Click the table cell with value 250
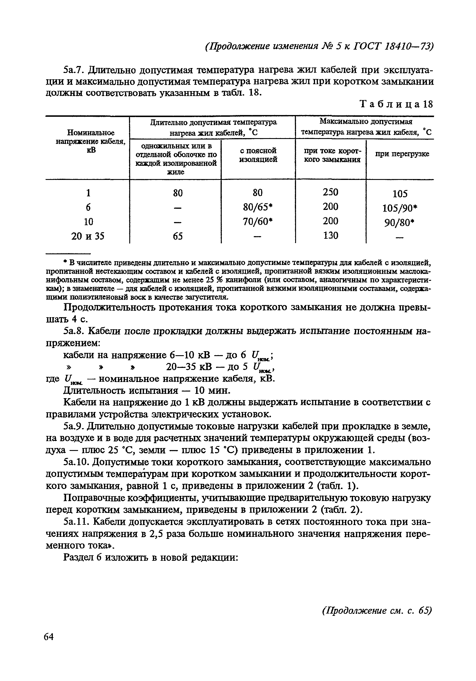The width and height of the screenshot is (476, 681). coord(330,193)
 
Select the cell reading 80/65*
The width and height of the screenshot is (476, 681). coord(257,207)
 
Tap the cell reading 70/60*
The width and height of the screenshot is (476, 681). coord(257,221)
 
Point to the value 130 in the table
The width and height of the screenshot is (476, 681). coord(330,236)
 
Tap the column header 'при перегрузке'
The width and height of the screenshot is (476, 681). coord(402,154)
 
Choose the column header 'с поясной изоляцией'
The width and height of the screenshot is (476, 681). coord(258,155)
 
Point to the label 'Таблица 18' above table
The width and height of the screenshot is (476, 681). coord(396,104)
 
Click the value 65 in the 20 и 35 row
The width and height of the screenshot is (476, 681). coord(178,236)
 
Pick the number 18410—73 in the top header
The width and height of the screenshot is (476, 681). coord(409,47)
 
